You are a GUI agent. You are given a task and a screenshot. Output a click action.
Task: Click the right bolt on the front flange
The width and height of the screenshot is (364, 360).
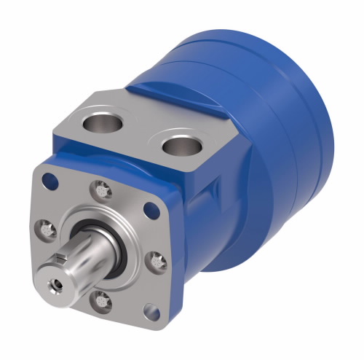156,259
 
